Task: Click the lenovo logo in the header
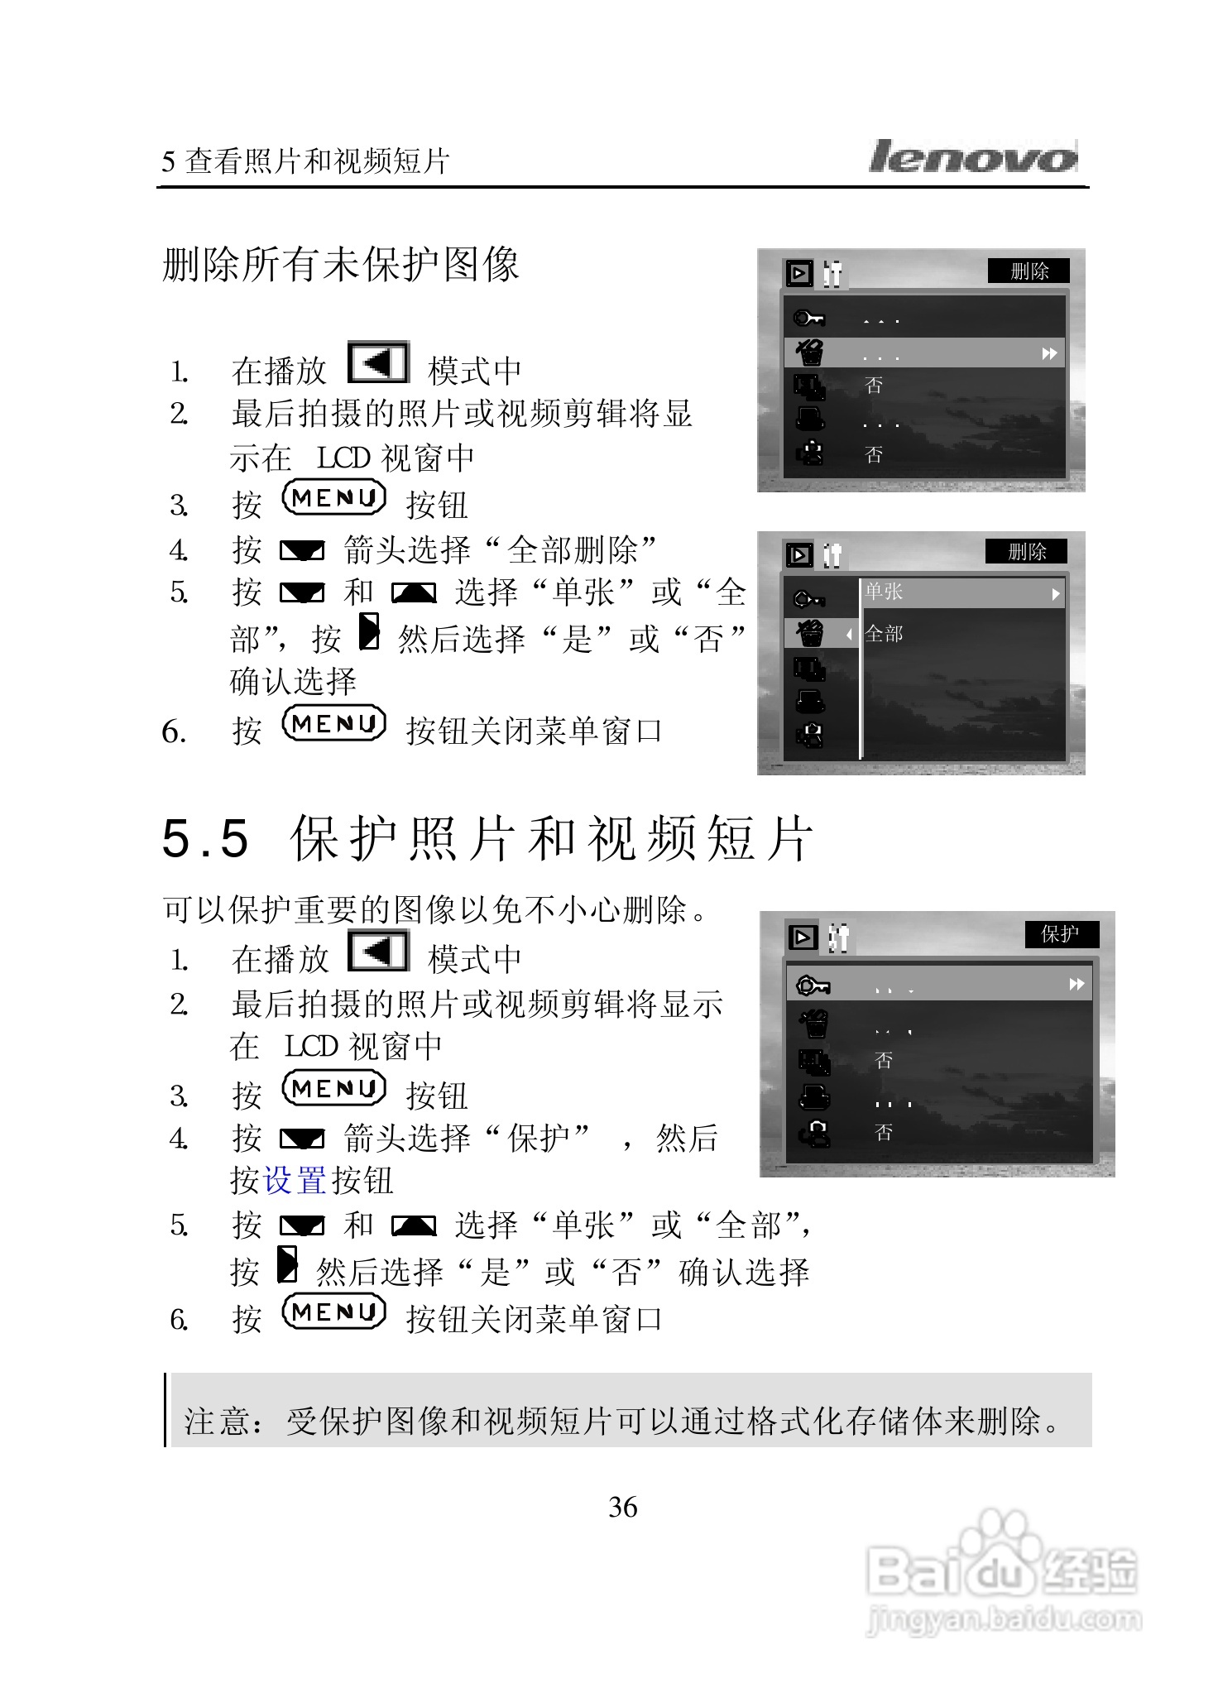tap(973, 157)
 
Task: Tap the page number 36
tap(622, 1507)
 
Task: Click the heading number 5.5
tap(205, 838)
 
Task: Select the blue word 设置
tap(294, 1181)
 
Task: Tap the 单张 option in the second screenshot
tap(884, 592)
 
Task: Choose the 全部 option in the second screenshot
tap(884, 634)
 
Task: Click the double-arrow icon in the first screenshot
tap(1049, 354)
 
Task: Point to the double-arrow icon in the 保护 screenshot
tap(1077, 984)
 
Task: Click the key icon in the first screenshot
tap(808, 319)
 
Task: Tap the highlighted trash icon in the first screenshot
tap(810, 353)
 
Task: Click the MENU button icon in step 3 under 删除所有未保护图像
tap(334, 498)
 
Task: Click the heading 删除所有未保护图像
tap(340, 265)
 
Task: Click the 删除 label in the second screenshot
tap(1027, 552)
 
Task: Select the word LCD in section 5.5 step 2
tap(310, 1047)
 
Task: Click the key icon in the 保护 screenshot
tap(812, 985)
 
